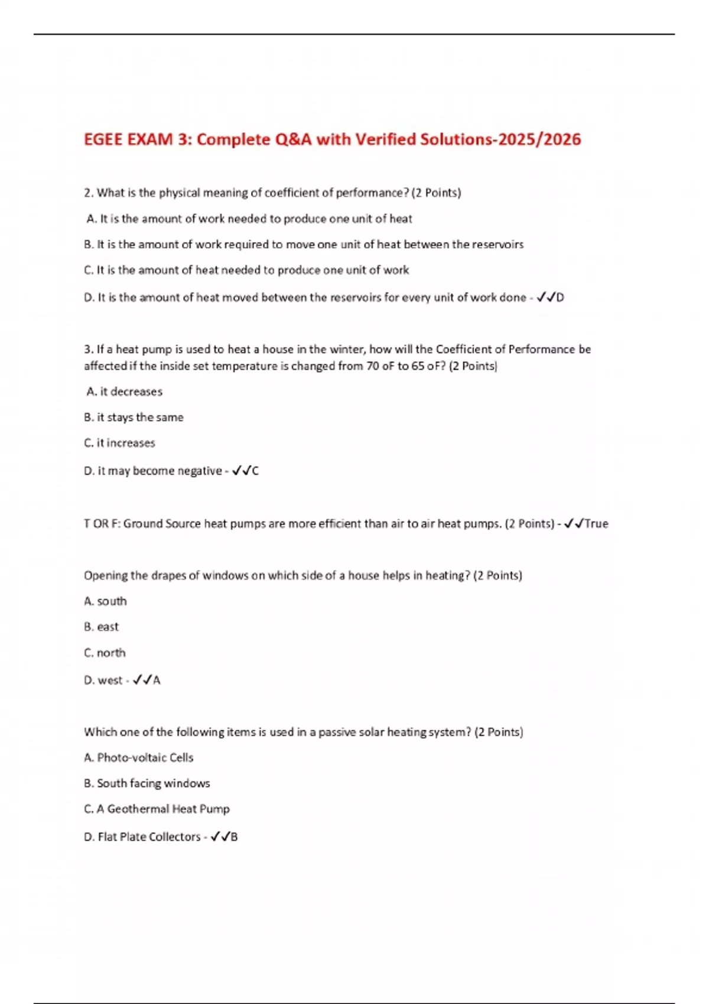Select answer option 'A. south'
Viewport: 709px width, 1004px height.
coord(105,601)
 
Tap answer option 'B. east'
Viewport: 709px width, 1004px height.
coord(101,627)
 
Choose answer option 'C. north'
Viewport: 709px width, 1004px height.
coord(105,653)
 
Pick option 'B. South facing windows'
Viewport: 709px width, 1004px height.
coord(147,783)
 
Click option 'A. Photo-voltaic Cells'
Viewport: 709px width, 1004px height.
coord(139,757)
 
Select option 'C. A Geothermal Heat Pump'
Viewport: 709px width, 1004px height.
coord(157,809)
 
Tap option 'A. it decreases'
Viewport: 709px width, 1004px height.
coord(124,392)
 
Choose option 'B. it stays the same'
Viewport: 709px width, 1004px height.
coord(134,418)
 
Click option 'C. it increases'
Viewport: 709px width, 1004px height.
coord(119,443)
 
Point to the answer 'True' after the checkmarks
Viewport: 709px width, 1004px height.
coord(596,524)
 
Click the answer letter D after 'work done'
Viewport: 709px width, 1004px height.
coord(560,298)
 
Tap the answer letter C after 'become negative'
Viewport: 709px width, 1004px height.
coord(255,471)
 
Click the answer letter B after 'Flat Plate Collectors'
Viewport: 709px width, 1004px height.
coord(234,837)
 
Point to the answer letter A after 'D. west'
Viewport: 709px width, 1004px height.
coord(157,680)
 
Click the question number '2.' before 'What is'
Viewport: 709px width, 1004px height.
coord(89,193)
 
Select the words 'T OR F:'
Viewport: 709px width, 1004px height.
coord(102,524)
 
